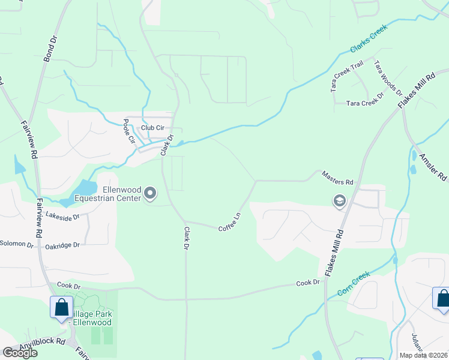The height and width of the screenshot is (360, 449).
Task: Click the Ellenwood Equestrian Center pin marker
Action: (150, 194)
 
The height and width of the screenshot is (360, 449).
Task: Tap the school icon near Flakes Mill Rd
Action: (339, 201)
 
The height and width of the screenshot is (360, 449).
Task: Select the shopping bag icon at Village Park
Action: (62, 307)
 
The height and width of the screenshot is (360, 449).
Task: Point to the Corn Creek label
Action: (354, 283)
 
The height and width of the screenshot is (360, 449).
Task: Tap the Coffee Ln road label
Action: (229, 221)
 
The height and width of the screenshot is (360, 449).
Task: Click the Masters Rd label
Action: (337, 178)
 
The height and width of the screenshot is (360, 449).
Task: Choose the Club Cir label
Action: (152, 128)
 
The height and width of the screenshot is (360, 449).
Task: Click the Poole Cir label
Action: (128, 131)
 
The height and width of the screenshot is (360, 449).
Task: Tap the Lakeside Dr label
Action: (62, 216)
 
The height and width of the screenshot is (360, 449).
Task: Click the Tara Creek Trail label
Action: (347, 76)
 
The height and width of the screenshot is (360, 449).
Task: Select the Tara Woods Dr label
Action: (388, 77)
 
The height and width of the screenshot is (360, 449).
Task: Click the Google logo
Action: (20, 353)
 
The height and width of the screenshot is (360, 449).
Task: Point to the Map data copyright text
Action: (424, 355)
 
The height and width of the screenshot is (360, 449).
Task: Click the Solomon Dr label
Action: (17, 244)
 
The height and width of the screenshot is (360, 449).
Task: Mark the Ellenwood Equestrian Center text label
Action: (107, 193)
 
